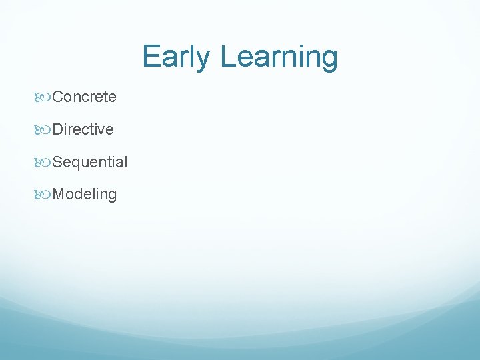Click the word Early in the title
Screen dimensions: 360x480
pos(177,57)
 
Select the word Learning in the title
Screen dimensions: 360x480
pos(279,57)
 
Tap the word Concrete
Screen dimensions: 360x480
pos(84,97)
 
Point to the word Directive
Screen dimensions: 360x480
pos(83,129)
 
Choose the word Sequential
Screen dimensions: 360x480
pos(89,162)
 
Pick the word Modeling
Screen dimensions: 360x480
pos(84,195)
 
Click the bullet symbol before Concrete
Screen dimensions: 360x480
pos(44,97)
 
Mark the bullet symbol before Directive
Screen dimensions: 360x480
pos(44,130)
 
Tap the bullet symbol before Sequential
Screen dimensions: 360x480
pos(44,163)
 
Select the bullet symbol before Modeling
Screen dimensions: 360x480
pos(44,195)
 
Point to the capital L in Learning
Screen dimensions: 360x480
pos(227,57)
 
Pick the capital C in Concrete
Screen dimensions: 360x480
pos(57,97)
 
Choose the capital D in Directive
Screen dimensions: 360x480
pos(57,129)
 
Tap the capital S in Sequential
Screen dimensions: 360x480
pos(57,162)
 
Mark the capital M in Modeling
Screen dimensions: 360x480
pos(58,195)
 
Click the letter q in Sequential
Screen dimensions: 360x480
pos(74,163)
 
